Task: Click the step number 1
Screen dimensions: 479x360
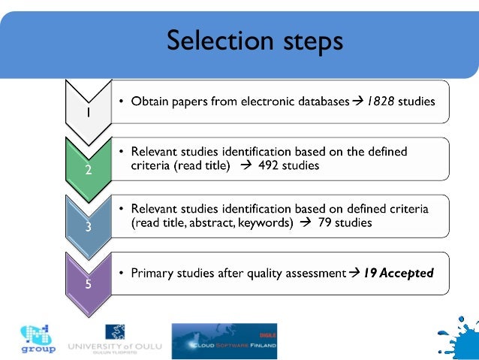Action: pos(88,114)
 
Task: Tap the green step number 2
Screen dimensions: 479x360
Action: pos(88,171)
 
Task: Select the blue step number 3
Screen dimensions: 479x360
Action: pos(88,228)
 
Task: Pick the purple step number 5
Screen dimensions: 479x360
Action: pos(88,286)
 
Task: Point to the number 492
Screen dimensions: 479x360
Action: pos(269,166)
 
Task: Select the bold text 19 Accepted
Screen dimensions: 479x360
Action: pos(399,274)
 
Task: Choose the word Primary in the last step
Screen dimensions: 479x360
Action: pos(154,274)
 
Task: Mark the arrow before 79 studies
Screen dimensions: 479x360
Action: pos(303,223)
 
